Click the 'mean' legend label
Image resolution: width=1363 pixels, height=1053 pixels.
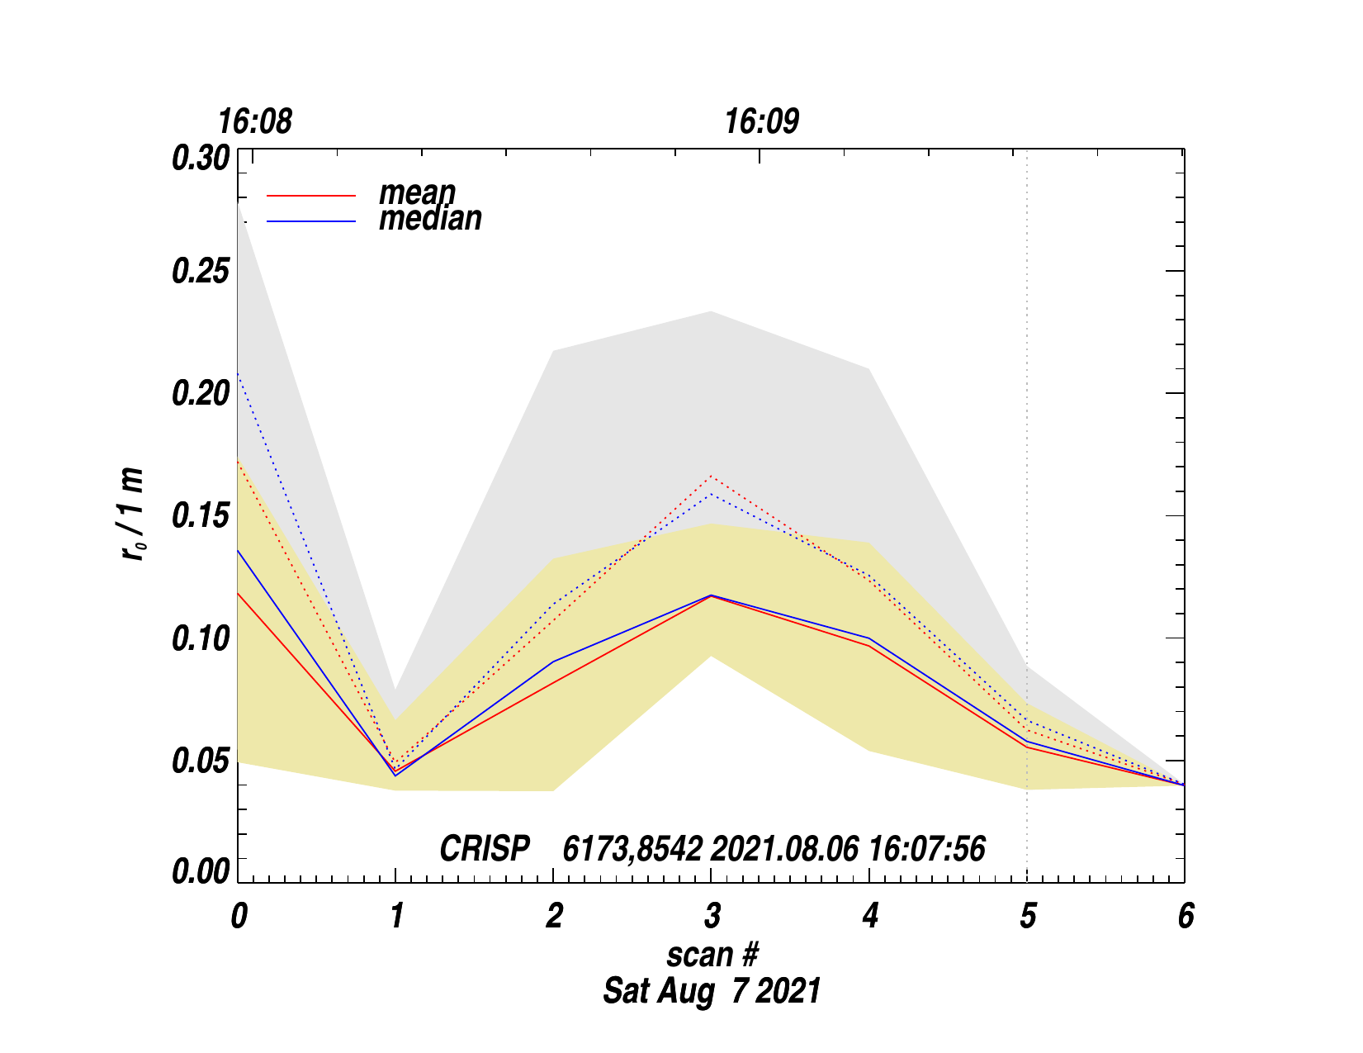coord(417,192)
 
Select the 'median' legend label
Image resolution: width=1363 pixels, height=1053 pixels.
coord(430,218)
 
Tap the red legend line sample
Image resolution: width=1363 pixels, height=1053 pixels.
coord(311,196)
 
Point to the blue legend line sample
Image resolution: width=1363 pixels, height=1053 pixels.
coord(311,221)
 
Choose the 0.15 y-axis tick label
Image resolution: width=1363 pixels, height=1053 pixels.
coord(199,516)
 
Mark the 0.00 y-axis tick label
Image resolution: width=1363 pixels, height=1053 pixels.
coord(199,871)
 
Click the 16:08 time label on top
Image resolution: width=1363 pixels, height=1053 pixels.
coord(254,122)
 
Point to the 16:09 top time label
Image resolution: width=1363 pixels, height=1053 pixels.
coord(761,122)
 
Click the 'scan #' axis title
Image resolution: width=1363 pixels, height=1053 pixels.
coord(712,955)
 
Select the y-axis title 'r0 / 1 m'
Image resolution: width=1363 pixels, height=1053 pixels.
coord(133,514)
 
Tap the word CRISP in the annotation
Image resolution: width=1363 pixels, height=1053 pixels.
coord(485,849)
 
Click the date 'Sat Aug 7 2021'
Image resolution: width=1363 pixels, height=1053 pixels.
coord(712,990)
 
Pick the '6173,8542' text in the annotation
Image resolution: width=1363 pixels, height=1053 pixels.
coord(632,849)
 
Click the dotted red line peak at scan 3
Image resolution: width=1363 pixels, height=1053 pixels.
coord(711,476)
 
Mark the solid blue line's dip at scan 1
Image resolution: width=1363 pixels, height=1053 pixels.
coord(395,776)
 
